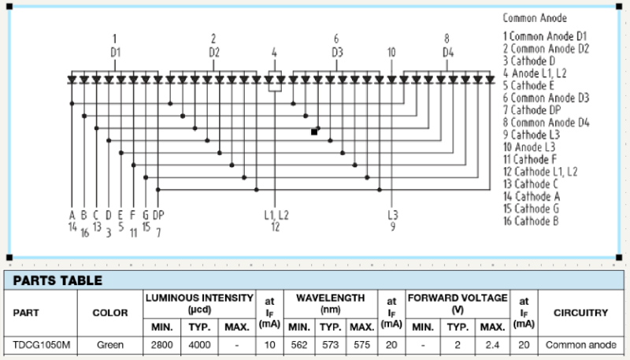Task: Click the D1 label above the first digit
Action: [115, 53]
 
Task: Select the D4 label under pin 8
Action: [447, 53]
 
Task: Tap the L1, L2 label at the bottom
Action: [276, 214]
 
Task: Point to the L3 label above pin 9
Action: [392, 214]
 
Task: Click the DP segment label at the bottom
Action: [158, 214]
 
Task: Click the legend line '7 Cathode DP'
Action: [537, 109]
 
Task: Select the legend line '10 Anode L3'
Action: [534, 147]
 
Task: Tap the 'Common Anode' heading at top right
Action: [535, 18]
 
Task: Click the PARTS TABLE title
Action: [57, 280]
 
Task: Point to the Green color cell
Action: [110, 345]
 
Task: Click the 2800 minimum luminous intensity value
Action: [161, 345]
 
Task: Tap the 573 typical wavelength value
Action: [330, 345]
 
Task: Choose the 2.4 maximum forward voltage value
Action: [492, 345]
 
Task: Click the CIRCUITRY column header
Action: [581, 313]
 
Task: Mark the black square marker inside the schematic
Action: [314, 132]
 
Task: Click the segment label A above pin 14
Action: [72, 214]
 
